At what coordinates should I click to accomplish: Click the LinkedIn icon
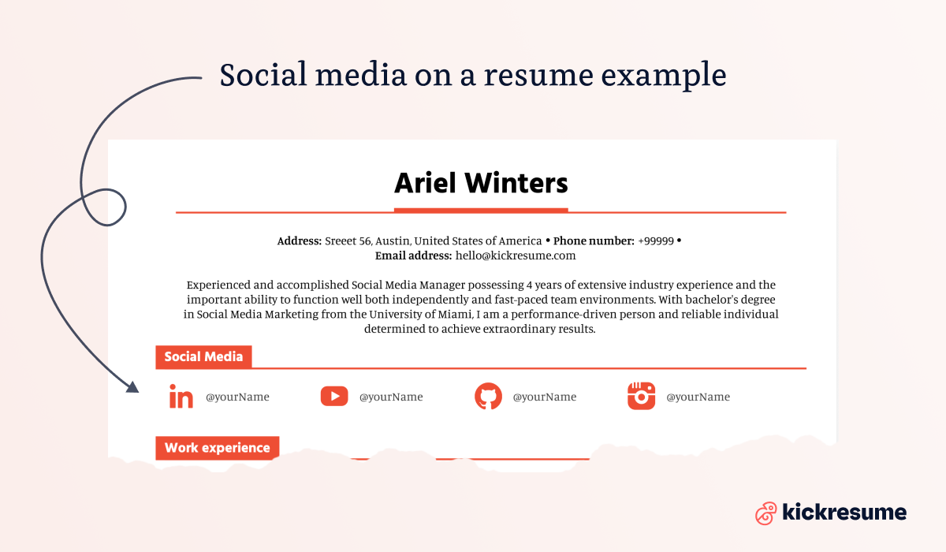coord(181,397)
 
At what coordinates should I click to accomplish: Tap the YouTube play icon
coord(334,396)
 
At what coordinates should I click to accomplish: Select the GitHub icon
coord(488,396)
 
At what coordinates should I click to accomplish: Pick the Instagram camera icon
coord(642,396)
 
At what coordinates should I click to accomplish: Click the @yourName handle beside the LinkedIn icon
coord(237,397)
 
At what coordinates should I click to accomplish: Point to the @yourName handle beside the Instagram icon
coord(698,397)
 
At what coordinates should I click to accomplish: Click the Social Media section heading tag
coord(203,356)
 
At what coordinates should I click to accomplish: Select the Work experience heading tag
coord(217,448)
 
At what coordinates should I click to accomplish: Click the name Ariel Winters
coord(481,184)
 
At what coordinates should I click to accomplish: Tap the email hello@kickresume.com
coord(516,255)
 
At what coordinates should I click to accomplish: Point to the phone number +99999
coord(656,241)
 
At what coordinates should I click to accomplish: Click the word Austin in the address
coord(393,241)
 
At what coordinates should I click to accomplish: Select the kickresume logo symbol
coord(765,513)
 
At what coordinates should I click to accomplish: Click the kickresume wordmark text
coord(844,513)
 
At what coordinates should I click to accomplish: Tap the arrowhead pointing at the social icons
coord(132,387)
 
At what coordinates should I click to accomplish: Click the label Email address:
coord(413,255)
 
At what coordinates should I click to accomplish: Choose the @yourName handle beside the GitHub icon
coord(544,397)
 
